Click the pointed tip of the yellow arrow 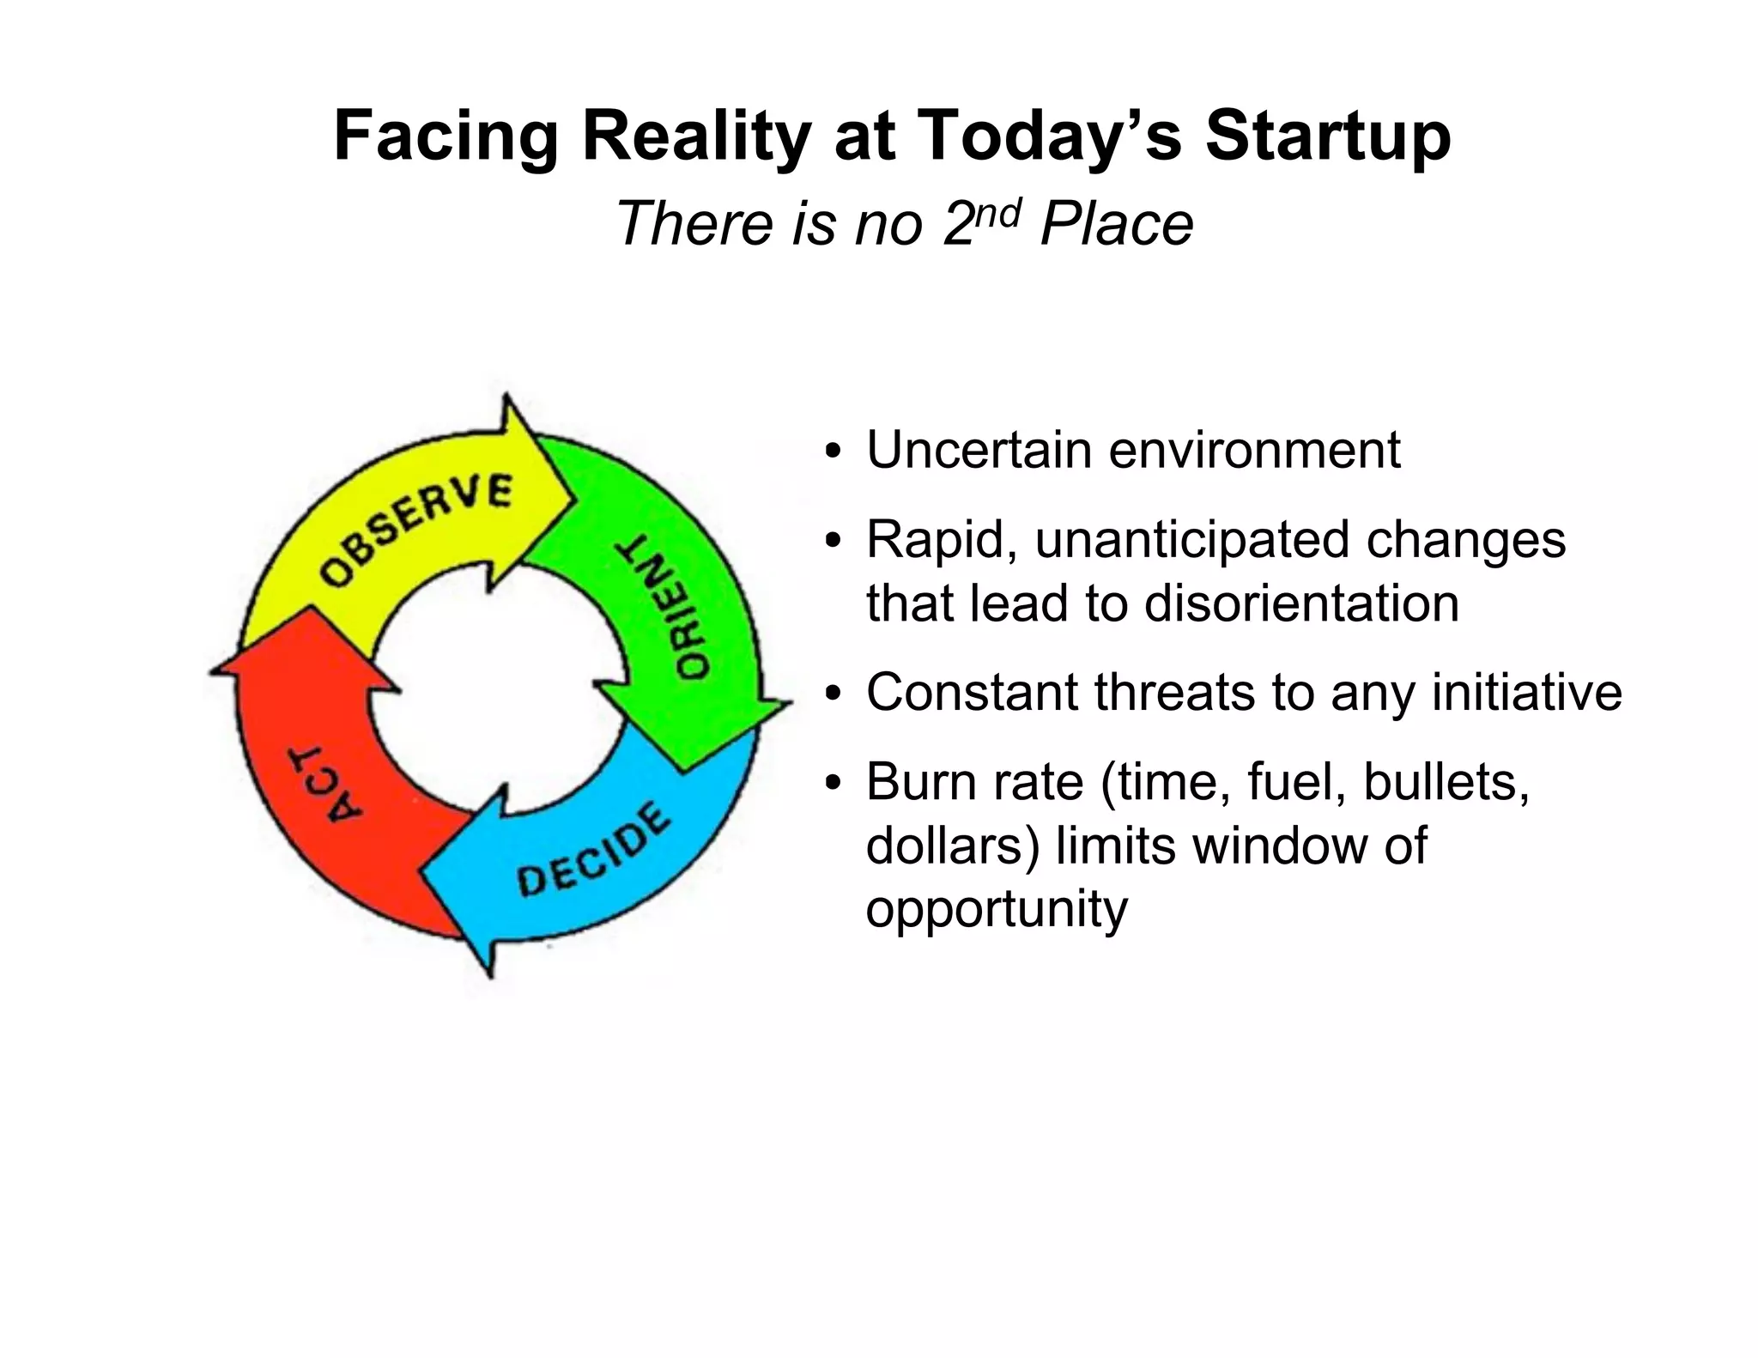pyautogui.click(x=568, y=498)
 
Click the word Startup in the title pyautogui.click(x=1328, y=136)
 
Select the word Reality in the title pyautogui.click(x=695, y=136)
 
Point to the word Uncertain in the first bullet pyautogui.click(x=976, y=450)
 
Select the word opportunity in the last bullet pyautogui.click(x=996, y=910)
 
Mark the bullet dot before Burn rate pyautogui.click(x=830, y=785)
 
